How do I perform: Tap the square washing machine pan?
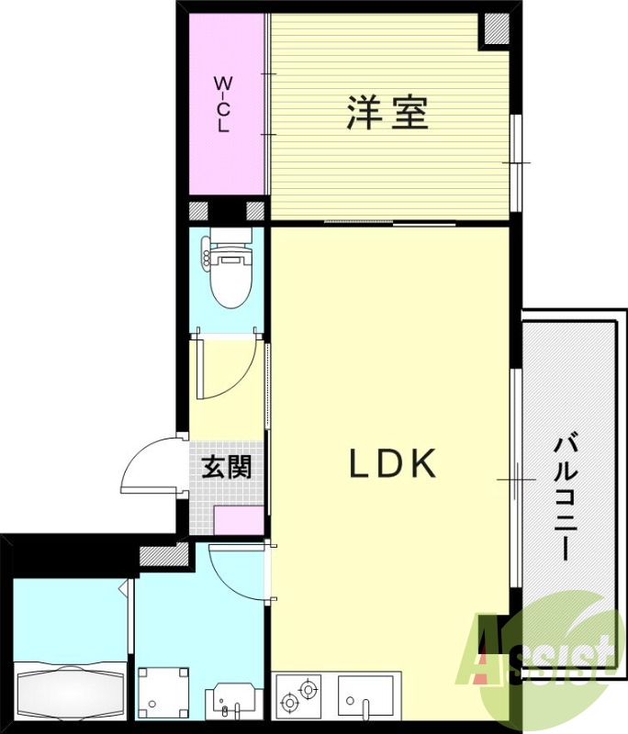[x=162, y=693]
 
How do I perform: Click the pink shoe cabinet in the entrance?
[x=238, y=519]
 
